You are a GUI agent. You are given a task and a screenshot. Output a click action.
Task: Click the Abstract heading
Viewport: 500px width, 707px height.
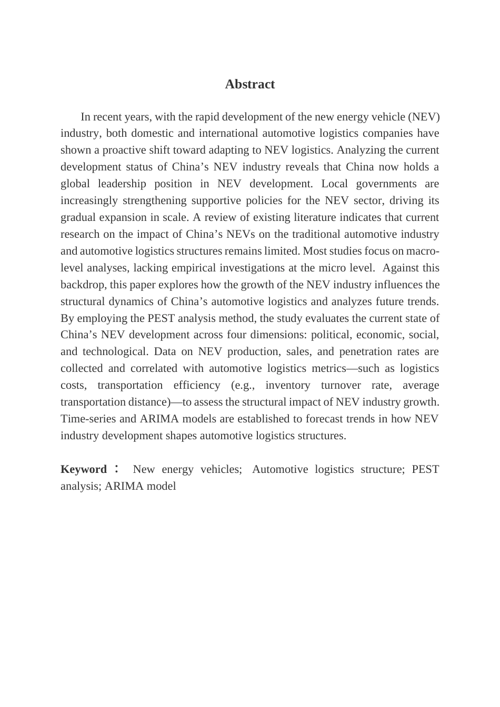[x=249, y=84]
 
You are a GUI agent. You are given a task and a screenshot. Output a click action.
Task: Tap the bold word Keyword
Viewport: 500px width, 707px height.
[x=84, y=469]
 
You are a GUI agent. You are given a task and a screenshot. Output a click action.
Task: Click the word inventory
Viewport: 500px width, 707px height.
[x=288, y=385]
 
